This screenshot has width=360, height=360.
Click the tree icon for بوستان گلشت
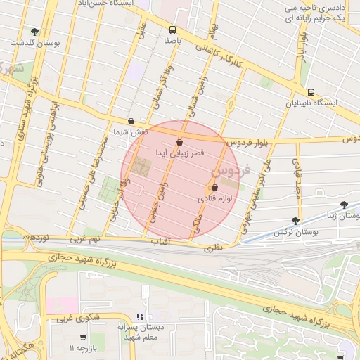coord(34,32)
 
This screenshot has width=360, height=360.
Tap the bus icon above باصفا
coord(173,30)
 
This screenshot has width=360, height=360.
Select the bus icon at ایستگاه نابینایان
coord(311,92)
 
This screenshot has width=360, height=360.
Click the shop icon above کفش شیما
coord(131,121)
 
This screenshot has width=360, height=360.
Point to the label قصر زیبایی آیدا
coord(179,153)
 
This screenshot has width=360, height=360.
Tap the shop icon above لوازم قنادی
coord(214,188)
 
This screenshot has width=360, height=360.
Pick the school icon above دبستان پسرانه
coord(140,316)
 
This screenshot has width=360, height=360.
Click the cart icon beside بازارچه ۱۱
coord(84,337)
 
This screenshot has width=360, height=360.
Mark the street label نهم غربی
coord(85,239)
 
